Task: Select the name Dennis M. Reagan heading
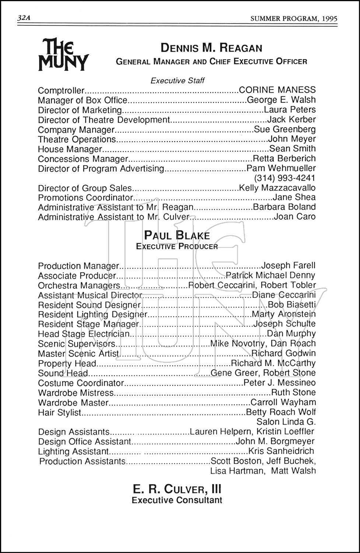click(x=211, y=48)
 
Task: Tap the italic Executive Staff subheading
click(x=177, y=80)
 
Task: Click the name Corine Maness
click(x=277, y=90)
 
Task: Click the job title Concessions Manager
click(x=83, y=159)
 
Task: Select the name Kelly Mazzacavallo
click(x=277, y=188)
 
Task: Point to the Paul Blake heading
click(x=177, y=236)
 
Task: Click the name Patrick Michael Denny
click(x=270, y=275)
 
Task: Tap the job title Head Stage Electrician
click(x=84, y=334)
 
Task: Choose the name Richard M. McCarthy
click(x=273, y=363)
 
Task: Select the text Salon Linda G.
click(x=286, y=422)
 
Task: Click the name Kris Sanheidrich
click(x=281, y=451)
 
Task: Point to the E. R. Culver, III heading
click(x=177, y=489)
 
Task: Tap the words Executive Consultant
click(x=177, y=500)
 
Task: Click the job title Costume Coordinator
click(x=81, y=383)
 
